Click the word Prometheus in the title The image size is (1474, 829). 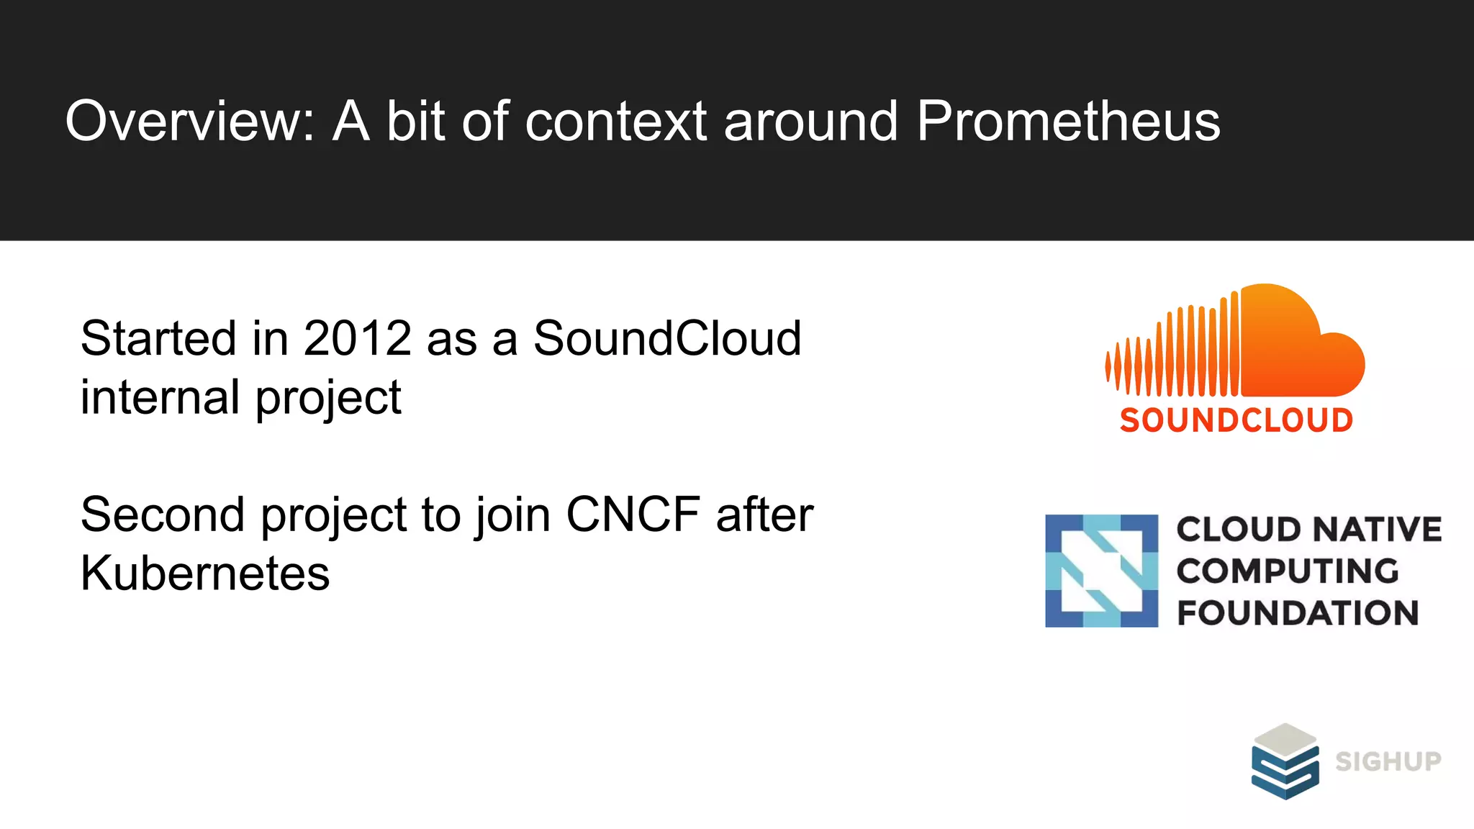pyautogui.click(x=1068, y=121)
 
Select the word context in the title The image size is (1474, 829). pyautogui.click(x=616, y=121)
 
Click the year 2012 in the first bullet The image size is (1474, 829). pyautogui.click(x=357, y=338)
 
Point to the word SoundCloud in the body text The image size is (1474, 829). pyautogui.click(x=666, y=338)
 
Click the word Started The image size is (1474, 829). pyautogui.click(x=158, y=338)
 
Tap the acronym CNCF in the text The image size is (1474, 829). pyautogui.click(x=633, y=515)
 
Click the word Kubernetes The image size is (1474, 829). pyautogui.click(x=205, y=574)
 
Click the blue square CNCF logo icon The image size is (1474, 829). pyautogui.click(x=1101, y=571)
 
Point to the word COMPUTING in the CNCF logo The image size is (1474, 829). pyautogui.click(x=1288, y=571)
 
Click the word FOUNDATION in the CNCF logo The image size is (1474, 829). pyautogui.click(x=1297, y=613)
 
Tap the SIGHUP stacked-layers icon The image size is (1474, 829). pyautogui.click(x=1285, y=761)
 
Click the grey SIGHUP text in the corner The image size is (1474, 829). pyautogui.click(x=1388, y=761)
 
